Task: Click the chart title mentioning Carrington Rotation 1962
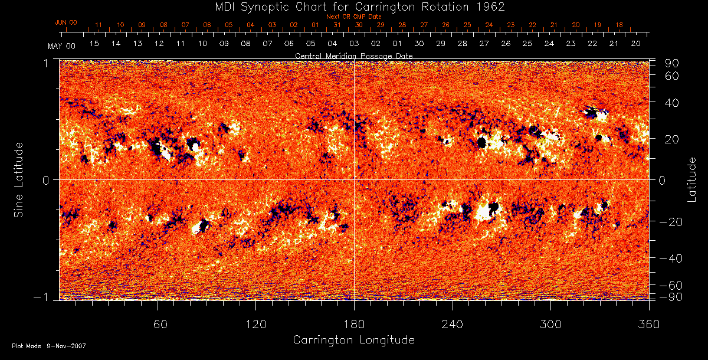click(x=353, y=6)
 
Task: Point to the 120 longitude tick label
click(x=255, y=324)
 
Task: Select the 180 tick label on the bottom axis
click(x=353, y=324)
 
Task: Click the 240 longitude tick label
click(x=452, y=324)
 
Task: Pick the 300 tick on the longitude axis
click(x=550, y=324)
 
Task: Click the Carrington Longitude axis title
click(x=353, y=340)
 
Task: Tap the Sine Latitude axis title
click(x=19, y=179)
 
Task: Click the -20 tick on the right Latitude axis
click(x=670, y=222)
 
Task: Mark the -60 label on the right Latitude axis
click(x=670, y=286)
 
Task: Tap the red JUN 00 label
click(x=65, y=22)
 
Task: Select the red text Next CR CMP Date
click(x=353, y=17)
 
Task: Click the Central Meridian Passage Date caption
click(x=353, y=55)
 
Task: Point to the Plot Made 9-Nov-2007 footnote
click(x=49, y=346)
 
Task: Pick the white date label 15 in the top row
click(x=94, y=44)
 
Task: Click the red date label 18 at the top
click(x=619, y=25)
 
